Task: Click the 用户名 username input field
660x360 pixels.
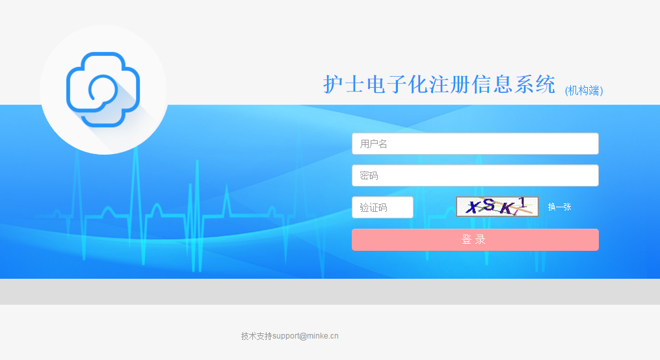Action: click(x=475, y=144)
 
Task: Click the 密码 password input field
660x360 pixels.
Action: click(x=475, y=175)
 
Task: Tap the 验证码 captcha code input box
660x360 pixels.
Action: click(x=382, y=207)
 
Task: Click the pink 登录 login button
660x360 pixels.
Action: click(x=475, y=240)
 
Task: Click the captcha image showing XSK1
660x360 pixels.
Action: click(x=497, y=207)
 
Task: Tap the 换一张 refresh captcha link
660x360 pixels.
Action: click(x=559, y=207)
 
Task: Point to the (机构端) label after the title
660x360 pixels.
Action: click(x=584, y=91)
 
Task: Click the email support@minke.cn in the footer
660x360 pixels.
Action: click(x=306, y=336)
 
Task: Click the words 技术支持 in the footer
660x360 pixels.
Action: click(x=256, y=336)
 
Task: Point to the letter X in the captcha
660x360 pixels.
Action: click(x=477, y=207)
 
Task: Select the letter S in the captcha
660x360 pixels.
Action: click(x=490, y=206)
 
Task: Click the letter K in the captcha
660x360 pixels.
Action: click(x=506, y=209)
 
